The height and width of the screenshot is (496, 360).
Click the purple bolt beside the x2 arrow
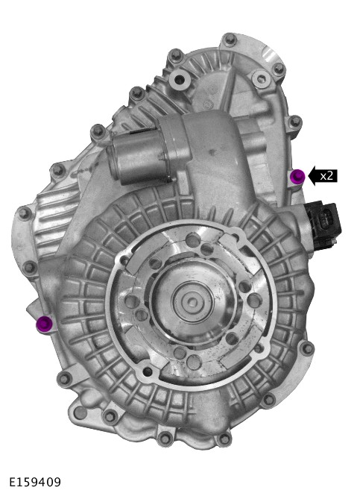click(297, 176)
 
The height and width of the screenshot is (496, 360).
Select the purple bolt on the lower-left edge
click(44, 323)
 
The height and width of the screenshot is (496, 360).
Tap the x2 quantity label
click(326, 175)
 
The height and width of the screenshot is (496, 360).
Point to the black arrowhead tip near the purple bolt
click(308, 175)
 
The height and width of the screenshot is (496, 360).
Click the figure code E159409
click(35, 482)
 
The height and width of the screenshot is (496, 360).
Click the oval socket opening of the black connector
click(326, 219)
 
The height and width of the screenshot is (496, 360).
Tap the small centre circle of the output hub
click(192, 301)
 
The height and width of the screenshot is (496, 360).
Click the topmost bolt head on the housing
click(230, 40)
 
